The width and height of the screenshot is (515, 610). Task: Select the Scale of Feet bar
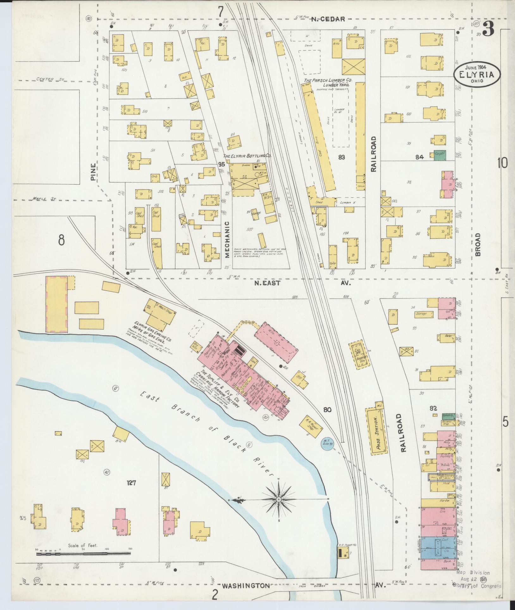83,554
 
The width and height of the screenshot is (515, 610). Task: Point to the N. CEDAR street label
327,19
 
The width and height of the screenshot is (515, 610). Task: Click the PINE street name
93,172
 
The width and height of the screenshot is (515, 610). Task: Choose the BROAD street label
477,244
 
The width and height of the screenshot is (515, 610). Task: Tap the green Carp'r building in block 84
439,154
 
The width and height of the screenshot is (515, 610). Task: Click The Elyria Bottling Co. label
248,156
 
